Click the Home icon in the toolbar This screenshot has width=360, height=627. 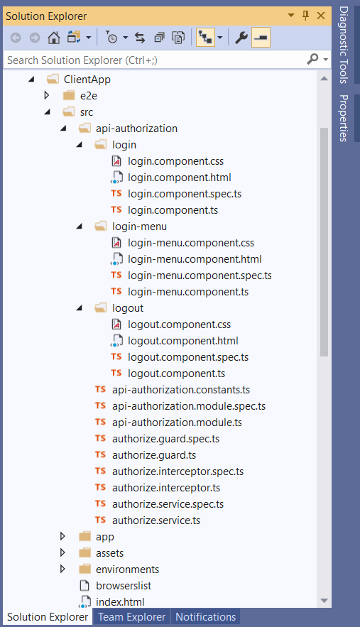pyautogui.click(x=53, y=38)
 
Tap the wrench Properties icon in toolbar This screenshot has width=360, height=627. pyautogui.click(x=241, y=38)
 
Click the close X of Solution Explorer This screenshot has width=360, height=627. pyautogui.click(x=321, y=16)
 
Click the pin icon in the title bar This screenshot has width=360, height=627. pyautogui.click(x=306, y=16)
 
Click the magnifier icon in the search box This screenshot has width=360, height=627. pyautogui.click(x=312, y=59)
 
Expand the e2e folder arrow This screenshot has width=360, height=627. pyautogui.click(x=47, y=95)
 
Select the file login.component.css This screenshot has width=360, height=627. pyautogui.click(x=175, y=161)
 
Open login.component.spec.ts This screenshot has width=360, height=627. pyautogui.click(x=185, y=194)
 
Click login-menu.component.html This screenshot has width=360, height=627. pyautogui.click(x=195, y=259)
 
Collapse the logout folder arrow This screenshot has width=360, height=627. pyautogui.click(x=80, y=308)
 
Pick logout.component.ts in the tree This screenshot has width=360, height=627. pyautogui.click(x=176, y=374)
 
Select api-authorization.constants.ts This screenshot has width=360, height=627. pyautogui.click(x=181, y=390)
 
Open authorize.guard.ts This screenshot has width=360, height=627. pyautogui.click(x=154, y=455)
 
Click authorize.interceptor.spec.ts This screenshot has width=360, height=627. pyautogui.click(x=178, y=471)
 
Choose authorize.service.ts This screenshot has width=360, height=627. pyautogui.click(x=156, y=520)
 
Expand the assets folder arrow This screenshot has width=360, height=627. pyautogui.click(x=62, y=552)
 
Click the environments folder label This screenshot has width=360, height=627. pyautogui.click(x=128, y=569)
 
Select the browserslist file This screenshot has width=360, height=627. pyautogui.click(x=124, y=586)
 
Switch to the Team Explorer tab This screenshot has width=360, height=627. pyautogui.click(x=131, y=617)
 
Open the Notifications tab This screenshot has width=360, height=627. pyautogui.click(x=206, y=617)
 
